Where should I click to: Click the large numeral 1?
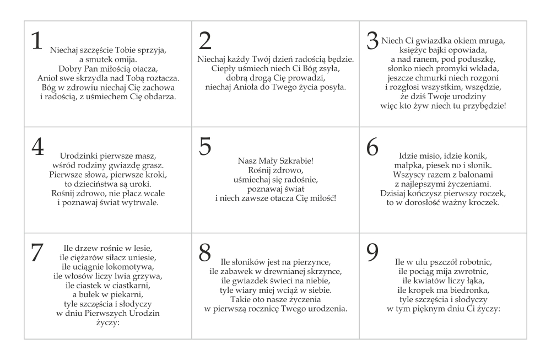click(x=37, y=42)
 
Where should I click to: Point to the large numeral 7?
click(x=37, y=252)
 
